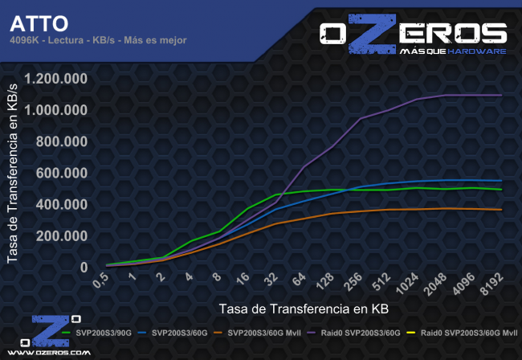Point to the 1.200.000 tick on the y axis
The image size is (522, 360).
click(x=56, y=79)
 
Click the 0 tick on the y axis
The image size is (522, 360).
click(x=84, y=267)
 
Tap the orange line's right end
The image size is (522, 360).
click(x=502, y=210)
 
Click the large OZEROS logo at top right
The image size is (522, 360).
click(x=413, y=36)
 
